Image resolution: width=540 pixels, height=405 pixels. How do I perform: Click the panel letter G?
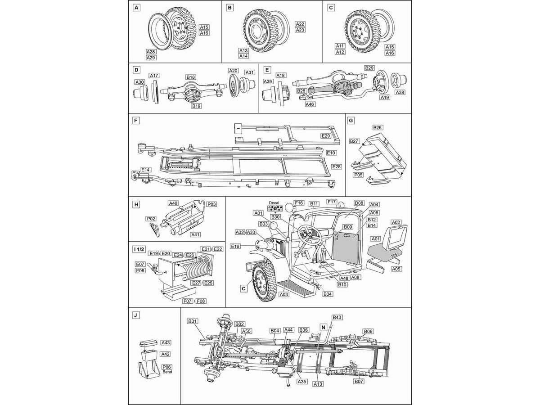pos(351,121)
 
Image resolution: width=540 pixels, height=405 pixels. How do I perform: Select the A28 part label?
pos(151,52)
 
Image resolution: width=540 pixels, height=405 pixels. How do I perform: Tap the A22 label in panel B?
pos(300,24)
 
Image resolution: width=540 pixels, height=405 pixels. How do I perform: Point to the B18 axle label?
pos(191,77)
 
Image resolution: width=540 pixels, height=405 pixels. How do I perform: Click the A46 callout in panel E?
pos(310,104)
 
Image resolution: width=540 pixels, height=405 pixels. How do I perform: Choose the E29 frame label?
pos(326,136)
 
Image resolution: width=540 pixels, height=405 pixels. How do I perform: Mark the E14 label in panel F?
pos(146,170)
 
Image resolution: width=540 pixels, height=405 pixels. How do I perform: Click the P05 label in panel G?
pos(358,175)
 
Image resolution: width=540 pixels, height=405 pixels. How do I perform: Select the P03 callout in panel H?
pos(212,204)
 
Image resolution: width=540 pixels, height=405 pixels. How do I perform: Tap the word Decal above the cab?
pos(274,203)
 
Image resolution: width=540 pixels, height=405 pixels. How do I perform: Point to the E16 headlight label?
pos(235,246)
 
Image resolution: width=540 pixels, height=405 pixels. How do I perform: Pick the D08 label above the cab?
pos(359,203)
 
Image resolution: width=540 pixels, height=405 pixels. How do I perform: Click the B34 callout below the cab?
pos(328,294)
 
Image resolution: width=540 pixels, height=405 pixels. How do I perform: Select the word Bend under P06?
pos(167,372)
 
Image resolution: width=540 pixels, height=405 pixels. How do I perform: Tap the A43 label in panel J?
pos(166,342)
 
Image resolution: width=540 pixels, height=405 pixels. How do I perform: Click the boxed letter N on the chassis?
pos(323,327)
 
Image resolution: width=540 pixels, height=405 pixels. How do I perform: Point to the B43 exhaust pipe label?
pos(337,317)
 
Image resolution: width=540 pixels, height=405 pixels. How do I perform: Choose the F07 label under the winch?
pos(187,301)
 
